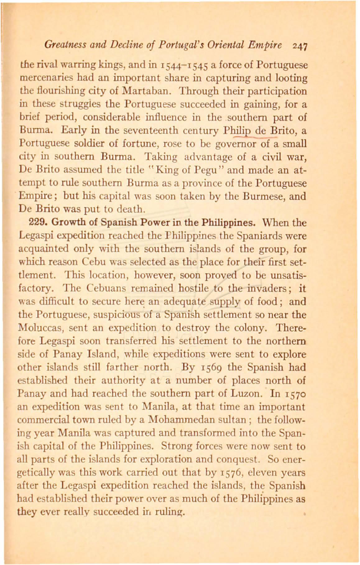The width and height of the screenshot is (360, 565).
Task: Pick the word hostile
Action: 194,288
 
